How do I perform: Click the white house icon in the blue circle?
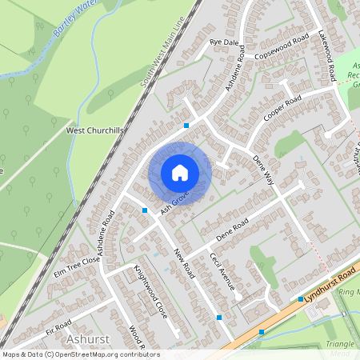(x=180, y=173)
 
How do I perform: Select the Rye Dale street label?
(x=224, y=42)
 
